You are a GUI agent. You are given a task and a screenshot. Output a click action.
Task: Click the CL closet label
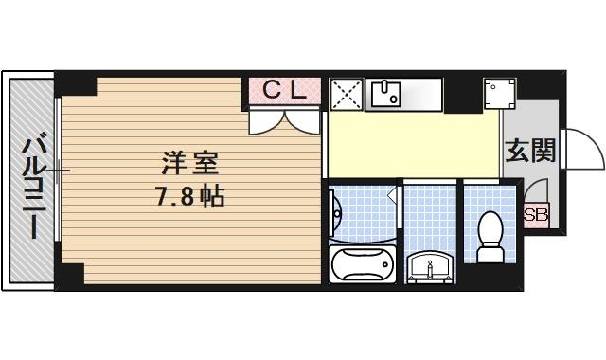[x=284, y=91]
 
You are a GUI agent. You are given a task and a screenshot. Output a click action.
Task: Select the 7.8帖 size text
[x=189, y=199]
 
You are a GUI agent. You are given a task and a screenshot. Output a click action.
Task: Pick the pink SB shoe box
[x=536, y=215]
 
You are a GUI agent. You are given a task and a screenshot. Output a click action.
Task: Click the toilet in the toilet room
[x=490, y=237]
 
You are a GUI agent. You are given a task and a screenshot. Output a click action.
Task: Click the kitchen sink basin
[x=386, y=94]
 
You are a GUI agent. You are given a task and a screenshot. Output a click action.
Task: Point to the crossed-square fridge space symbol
[x=345, y=95]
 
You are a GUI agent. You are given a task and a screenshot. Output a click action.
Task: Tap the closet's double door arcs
[x=285, y=121]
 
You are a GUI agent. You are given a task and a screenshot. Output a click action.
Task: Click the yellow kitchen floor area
[x=412, y=142]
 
